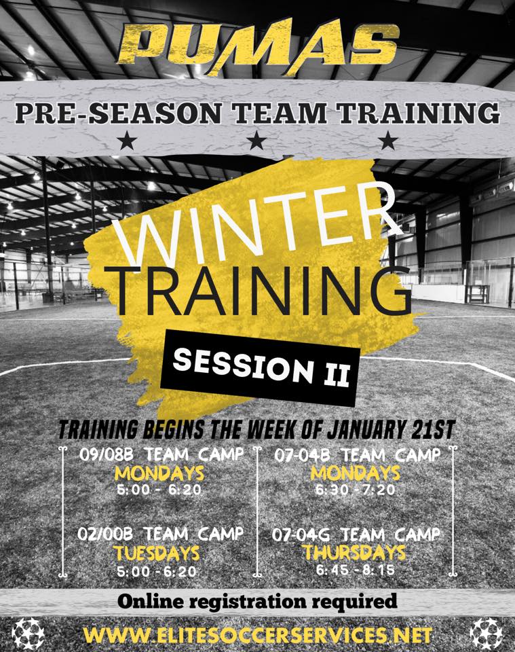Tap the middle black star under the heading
tap(256, 141)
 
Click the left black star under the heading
tap(127, 141)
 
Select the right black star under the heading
tap(387, 141)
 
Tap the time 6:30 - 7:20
tap(355, 489)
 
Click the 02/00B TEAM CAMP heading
tap(160, 535)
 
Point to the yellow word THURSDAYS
tap(355, 553)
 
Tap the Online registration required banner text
tap(256, 601)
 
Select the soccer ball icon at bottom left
tap(28, 632)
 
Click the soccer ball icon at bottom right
tap(486, 632)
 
